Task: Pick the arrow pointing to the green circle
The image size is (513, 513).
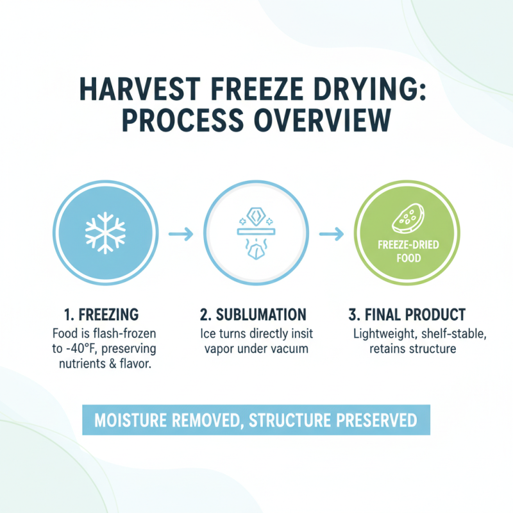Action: [332, 234]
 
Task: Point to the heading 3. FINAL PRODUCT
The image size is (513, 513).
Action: [407, 315]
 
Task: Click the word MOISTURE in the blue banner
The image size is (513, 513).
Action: [137, 421]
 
